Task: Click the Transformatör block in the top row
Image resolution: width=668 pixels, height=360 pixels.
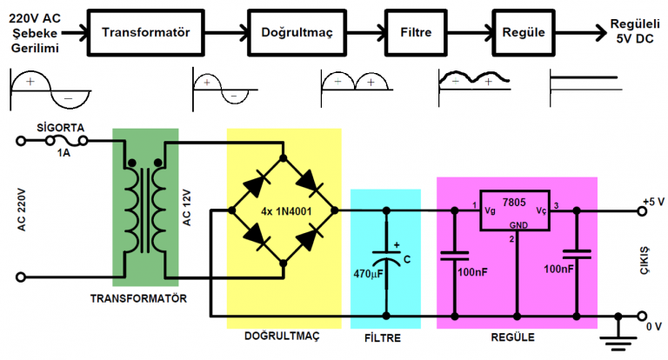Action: [x=145, y=32]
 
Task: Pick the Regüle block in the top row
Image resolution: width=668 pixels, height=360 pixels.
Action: [x=524, y=32]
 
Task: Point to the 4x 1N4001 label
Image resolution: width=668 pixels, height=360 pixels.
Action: [x=284, y=210]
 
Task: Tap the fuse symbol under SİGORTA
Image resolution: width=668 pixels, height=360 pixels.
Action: [x=65, y=140]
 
